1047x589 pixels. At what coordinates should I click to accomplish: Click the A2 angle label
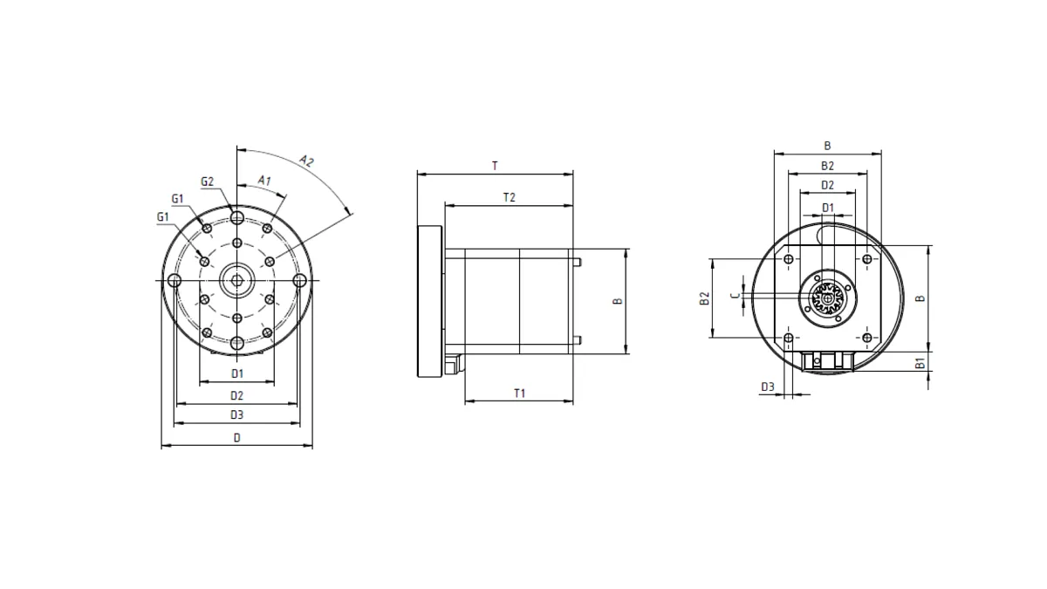pos(306,161)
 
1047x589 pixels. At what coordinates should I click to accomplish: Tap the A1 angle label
pos(264,181)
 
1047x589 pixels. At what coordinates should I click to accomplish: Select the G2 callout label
pos(207,181)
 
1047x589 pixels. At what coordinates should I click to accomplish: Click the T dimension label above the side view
pos(495,166)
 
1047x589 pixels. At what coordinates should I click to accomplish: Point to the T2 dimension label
pos(509,197)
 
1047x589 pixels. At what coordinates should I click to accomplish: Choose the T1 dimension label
pos(519,394)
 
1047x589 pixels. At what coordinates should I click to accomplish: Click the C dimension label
pos(736,296)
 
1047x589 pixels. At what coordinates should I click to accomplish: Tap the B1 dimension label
pos(920,363)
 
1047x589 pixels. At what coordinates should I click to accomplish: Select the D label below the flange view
pos(237,437)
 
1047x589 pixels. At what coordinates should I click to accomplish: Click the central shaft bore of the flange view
pos(237,280)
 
